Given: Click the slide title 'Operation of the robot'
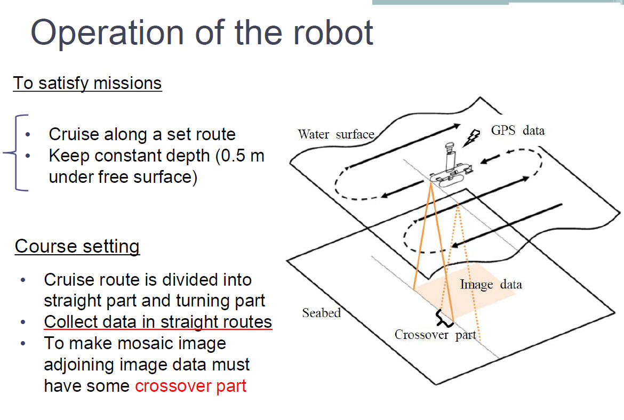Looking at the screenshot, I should [x=202, y=33].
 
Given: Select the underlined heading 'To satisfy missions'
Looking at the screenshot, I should [x=87, y=83].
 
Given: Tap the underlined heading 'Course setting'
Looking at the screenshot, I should [x=77, y=246].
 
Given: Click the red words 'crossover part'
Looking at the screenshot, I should [x=190, y=385].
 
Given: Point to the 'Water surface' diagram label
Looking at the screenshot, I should [x=336, y=134].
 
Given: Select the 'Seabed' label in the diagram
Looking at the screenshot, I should [x=321, y=312].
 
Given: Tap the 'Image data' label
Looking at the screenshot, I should [x=491, y=285].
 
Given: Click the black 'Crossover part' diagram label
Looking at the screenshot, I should [x=435, y=335].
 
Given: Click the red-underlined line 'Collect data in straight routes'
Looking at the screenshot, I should [x=158, y=322].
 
